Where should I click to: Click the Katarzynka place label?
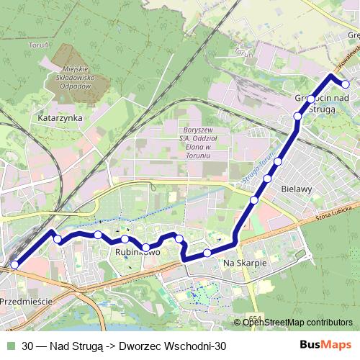click(x=61, y=117)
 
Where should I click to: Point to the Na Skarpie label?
click(x=246, y=264)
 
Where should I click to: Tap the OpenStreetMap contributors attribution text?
click(x=297, y=322)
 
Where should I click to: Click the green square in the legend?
click(x=9, y=346)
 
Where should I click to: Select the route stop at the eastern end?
click(x=346, y=85)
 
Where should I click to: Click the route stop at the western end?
click(x=14, y=265)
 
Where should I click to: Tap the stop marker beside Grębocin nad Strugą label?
click(x=311, y=99)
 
